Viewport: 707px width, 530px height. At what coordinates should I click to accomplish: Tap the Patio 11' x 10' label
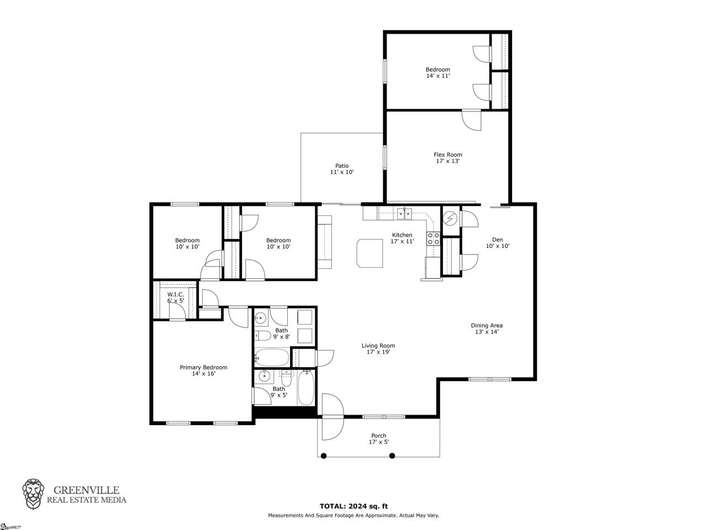pyautogui.click(x=342, y=169)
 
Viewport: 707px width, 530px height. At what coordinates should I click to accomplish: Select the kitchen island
pyautogui.click(x=370, y=253)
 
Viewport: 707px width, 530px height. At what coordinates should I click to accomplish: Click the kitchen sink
pyautogui.click(x=404, y=213)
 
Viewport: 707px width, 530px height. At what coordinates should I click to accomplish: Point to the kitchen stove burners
pyautogui.click(x=433, y=239)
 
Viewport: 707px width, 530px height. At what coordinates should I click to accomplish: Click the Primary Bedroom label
pyautogui.click(x=204, y=370)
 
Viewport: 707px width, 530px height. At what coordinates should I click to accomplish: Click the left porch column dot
pyautogui.click(x=324, y=455)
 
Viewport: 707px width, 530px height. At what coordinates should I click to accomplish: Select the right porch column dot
pyautogui.click(x=392, y=455)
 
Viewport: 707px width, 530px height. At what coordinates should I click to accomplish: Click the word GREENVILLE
pyautogui.click(x=86, y=490)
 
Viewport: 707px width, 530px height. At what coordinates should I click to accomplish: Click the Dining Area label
pyautogui.click(x=487, y=328)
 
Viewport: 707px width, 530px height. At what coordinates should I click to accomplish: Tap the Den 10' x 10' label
pyautogui.click(x=498, y=242)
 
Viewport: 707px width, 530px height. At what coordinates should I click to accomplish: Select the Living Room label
pyautogui.click(x=378, y=348)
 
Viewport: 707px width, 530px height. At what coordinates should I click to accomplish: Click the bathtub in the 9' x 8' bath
pyautogui.click(x=272, y=357)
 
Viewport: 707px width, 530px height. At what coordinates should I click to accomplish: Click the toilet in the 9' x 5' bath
pyautogui.click(x=286, y=378)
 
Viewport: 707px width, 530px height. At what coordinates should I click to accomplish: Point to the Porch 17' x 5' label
pyautogui.click(x=379, y=438)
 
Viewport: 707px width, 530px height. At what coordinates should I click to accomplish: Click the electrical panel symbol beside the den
pyautogui.click(x=450, y=219)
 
